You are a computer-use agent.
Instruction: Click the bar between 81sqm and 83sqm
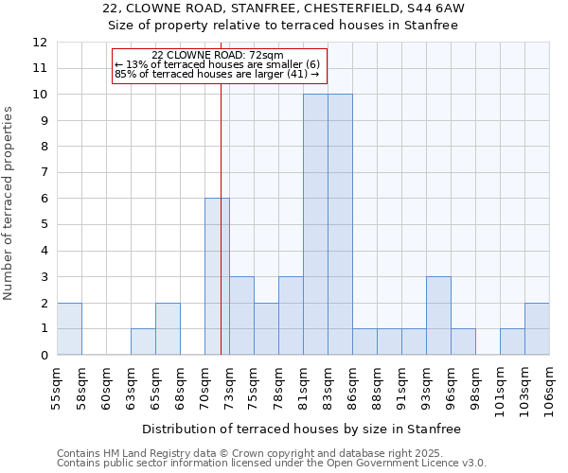[315, 224]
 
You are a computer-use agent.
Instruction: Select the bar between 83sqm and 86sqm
[340, 224]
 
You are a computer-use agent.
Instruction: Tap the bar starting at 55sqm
[69, 329]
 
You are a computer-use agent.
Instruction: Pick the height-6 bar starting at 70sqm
[217, 276]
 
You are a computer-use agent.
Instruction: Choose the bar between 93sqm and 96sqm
[438, 316]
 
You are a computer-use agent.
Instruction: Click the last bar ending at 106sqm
[537, 329]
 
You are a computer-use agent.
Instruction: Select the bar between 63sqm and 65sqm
[143, 342]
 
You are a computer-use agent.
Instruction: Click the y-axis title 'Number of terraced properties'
[9, 203]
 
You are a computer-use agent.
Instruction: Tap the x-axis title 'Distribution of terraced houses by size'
[303, 429]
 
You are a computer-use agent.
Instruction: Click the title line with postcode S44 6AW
[283, 9]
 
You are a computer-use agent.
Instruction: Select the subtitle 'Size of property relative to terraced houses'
[283, 26]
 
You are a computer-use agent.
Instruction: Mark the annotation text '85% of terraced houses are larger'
[216, 74]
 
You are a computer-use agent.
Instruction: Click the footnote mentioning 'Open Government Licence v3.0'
[272, 464]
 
